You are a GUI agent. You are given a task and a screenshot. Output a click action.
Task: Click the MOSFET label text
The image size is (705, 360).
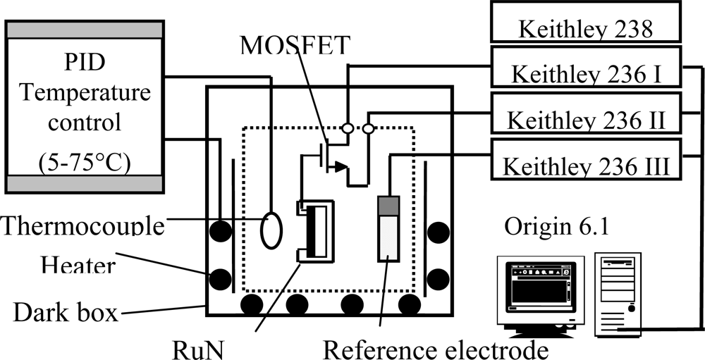tap(294, 46)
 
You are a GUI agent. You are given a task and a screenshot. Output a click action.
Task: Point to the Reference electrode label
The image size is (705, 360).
tap(436, 347)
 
